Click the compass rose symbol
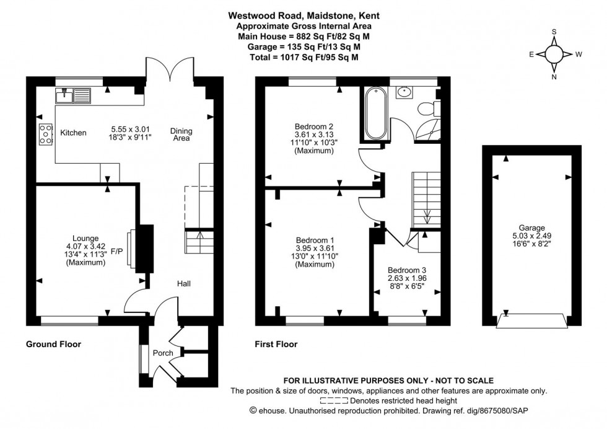tap(553, 54)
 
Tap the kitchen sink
tap(73, 95)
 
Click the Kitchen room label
tap(73, 133)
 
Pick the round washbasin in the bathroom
tap(404, 92)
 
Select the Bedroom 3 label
tap(407, 270)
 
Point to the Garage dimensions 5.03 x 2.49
tap(530, 236)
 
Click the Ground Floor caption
tap(53, 343)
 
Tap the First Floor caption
tap(276, 343)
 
